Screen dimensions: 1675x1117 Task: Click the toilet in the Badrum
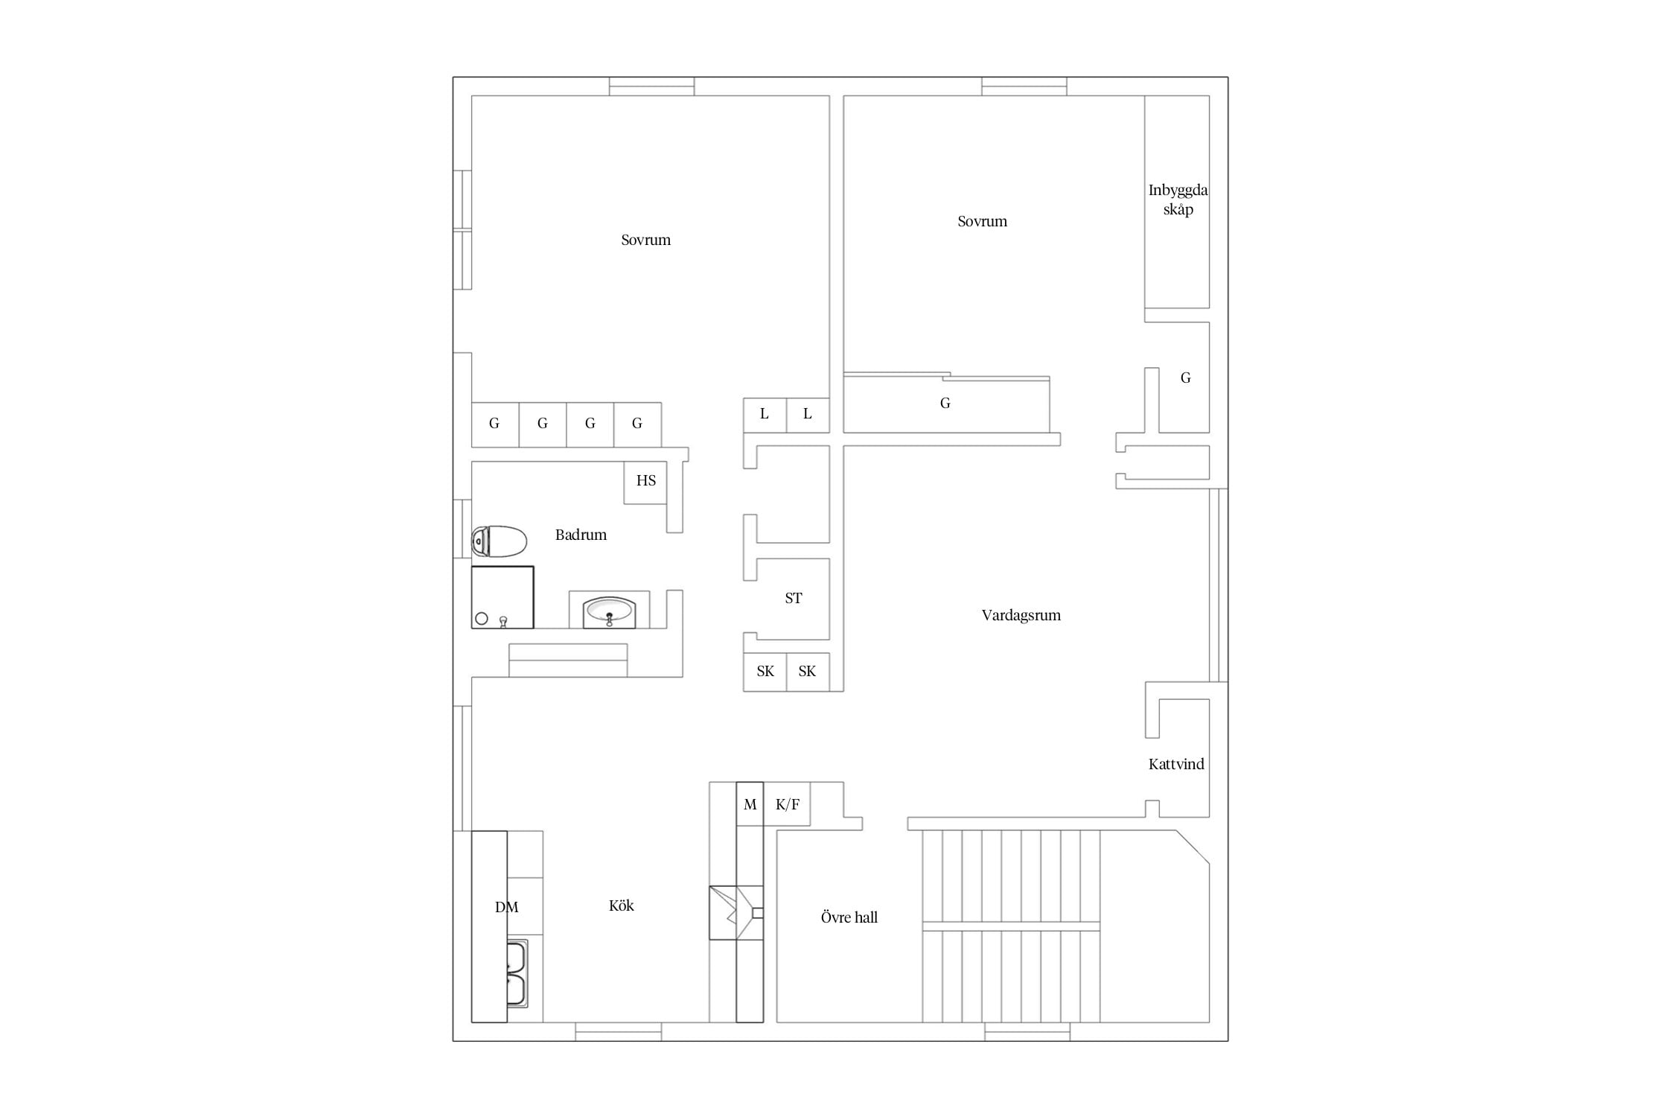pos(499,541)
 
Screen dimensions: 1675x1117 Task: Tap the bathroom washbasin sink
pos(609,612)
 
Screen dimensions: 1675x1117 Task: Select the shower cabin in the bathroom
pos(502,597)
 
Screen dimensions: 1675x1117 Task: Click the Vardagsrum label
pos(1021,615)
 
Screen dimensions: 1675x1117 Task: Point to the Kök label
pos(622,906)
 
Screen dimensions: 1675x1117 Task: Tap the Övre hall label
pos(849,917)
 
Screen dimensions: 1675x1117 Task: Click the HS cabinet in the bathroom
pos(645,483)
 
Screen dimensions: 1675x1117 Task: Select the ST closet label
pos(794,598)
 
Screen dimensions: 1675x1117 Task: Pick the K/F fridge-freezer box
pos(787,804)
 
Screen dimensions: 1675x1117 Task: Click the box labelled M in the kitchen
pos(750,804)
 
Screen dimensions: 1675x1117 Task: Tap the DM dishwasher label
pos(507,907)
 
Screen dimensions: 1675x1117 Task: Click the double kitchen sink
pos(517,974)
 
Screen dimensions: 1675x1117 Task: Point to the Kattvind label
pos(1176,764)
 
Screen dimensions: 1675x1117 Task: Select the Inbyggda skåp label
pos(1178,200)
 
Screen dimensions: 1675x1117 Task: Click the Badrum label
pos(581,535)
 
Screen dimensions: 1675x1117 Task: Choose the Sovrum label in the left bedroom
pos(646,240)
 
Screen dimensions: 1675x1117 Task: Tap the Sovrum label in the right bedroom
pos(983,221)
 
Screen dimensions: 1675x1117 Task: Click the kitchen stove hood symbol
pos(736,913)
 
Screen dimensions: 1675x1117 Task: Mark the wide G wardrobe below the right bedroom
pos(946,403)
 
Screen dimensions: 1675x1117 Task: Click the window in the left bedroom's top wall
pos(652,86)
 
